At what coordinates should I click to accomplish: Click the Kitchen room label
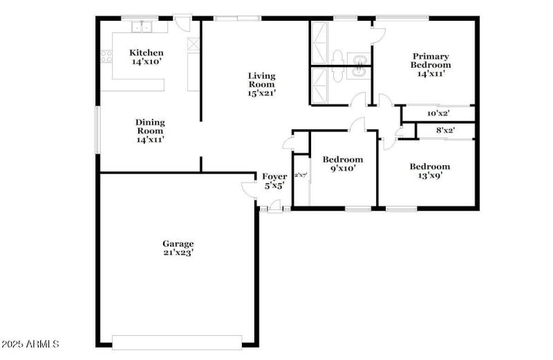[x=147, y=53]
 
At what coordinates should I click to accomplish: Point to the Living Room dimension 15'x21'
[x=262, y=93]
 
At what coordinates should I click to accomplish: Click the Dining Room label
[x=150, y=122]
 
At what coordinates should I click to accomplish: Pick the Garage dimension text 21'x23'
[x=178, y=253]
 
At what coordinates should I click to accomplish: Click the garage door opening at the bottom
[x=177, y=342]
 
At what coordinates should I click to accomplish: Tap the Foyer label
[x=274, y=176]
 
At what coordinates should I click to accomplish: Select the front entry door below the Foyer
[x=274, y=205]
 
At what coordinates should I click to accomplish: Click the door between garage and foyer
[x=248, y=187]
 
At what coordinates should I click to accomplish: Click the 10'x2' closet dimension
[x=438, y=113]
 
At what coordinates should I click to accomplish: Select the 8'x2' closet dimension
[x=445, y=130]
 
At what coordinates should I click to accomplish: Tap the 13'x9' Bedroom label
[x=429, y=167]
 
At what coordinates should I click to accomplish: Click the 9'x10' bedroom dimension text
[x=342, y=168]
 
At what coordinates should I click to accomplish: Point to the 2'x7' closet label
[x=301, y=176]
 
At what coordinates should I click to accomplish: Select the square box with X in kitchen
[x=194, y=43]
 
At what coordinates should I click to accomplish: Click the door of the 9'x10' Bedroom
[x=357, y=125]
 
